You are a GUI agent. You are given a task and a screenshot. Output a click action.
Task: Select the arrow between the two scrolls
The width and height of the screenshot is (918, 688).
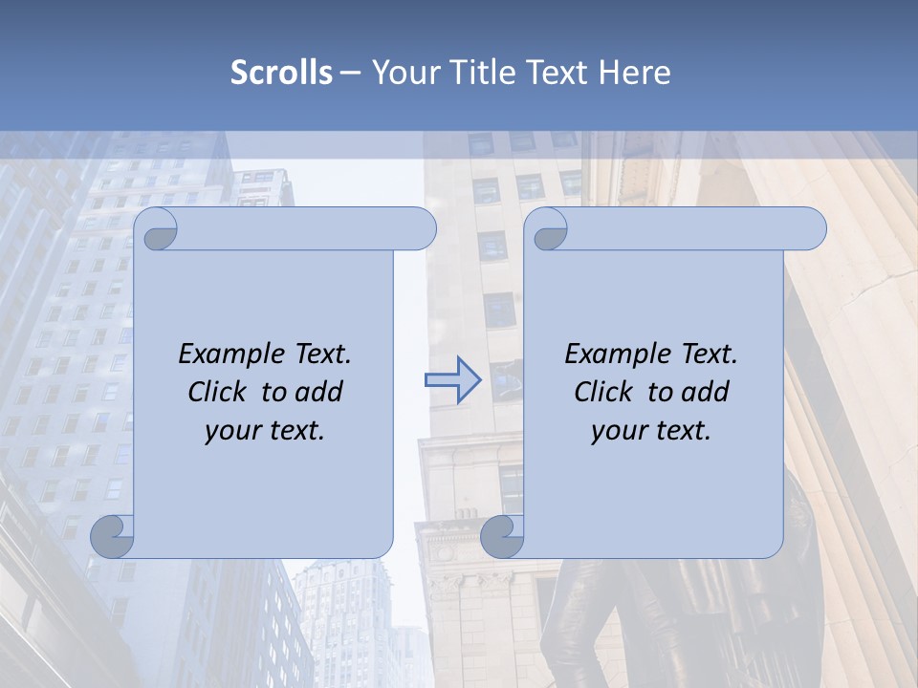[451, 380]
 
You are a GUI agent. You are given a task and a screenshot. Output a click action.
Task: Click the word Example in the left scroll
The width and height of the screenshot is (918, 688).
[229, 355]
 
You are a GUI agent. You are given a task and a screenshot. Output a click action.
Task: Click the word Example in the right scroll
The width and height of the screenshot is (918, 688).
[615, 355]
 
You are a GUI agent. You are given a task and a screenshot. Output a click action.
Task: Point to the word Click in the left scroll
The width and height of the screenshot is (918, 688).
[219, 392]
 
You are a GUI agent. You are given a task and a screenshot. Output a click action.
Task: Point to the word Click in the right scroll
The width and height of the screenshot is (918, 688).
[605, 392]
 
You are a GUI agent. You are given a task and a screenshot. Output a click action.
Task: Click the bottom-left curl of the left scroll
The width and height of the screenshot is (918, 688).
[113, 536]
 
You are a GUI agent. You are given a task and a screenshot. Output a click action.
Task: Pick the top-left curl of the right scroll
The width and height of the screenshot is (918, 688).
[546, 230]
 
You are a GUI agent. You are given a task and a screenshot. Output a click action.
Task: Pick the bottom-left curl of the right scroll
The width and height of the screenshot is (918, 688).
[502, 536]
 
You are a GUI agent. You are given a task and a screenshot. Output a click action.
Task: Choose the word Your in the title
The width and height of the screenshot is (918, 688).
[403, 73]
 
